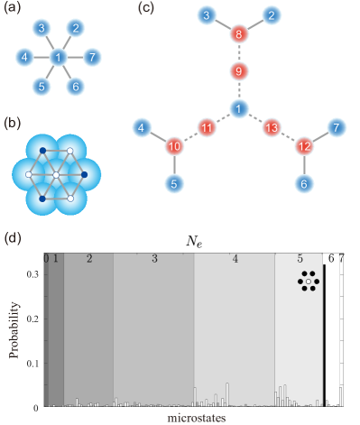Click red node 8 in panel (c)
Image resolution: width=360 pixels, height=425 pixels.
(238, 36)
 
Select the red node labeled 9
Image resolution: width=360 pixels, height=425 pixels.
(238, 71)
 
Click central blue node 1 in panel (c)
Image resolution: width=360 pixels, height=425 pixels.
(238, 109)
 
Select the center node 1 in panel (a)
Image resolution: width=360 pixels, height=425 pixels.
(59, 58)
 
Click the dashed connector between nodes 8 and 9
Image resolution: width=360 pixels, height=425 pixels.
(238, 54)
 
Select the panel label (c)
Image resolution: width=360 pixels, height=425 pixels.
(144, 8)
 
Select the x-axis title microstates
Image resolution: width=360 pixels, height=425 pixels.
(195, 419)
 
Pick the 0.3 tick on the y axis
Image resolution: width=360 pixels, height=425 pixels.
(35, 274)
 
